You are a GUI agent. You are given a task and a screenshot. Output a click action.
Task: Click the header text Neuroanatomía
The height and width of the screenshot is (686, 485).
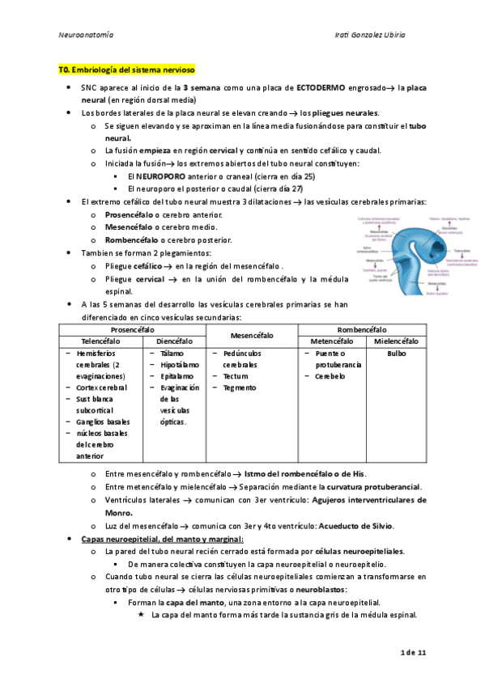click(87, 36)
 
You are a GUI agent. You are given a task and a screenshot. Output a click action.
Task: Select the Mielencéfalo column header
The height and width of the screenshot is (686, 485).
click(397, 341)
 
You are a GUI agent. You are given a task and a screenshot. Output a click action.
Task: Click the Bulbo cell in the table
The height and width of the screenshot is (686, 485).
click(397, 354)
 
